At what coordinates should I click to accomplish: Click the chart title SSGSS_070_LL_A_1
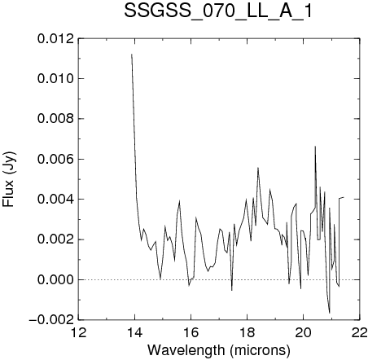tap(217, 11)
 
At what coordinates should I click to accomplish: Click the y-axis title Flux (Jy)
tap(9, 179)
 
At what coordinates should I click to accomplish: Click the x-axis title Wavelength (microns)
tap(219, 349)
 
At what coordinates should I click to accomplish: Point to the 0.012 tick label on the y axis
tap(55, 39)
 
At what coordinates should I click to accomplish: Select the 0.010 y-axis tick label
tap(55, 79)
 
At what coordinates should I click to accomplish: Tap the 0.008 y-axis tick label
tap(55, 119)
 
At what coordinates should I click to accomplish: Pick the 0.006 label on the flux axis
tap(55, 159)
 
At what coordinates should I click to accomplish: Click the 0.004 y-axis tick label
tap(55, 200)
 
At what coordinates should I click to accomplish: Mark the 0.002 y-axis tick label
tap(55, 239)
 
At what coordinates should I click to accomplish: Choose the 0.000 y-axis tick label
tap(55, 279)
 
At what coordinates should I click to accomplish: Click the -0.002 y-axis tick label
tap(51, 320)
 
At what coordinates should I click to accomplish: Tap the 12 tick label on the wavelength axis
tap(79, 332)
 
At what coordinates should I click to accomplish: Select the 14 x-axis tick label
tap(135, 332)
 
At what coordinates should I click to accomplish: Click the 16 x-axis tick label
tap(191, 332)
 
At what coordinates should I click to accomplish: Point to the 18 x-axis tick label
tap(247, 332)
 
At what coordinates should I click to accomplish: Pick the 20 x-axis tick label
tap(303, 332)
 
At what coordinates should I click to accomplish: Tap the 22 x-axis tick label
tap(360, 332)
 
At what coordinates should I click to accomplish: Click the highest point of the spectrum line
tap(132, 54)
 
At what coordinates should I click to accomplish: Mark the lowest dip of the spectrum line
tap(330, 313)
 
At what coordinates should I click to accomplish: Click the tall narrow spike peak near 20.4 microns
tap(315, 147)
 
